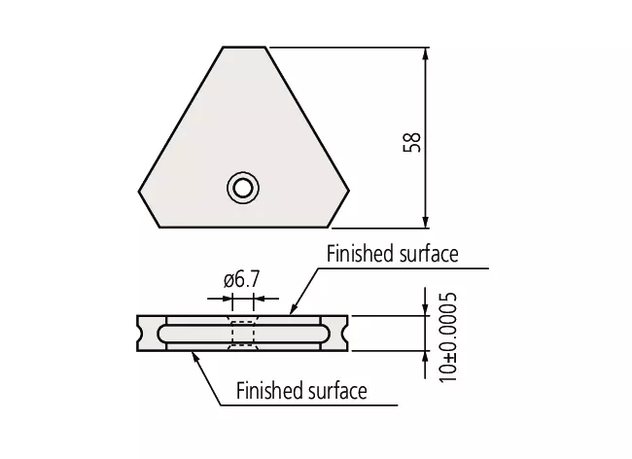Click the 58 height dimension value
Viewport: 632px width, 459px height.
(x=411, y=142)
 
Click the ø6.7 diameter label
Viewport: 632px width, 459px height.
(x=242, y=279)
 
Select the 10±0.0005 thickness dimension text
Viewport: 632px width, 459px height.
(x=448, y=337)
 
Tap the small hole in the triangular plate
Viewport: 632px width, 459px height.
(x=243, y=188)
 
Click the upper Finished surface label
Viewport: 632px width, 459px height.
(x=392, y=254)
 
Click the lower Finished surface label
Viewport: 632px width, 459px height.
(x=301, y=391)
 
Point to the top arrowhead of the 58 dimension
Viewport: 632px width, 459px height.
(x=425, y=54)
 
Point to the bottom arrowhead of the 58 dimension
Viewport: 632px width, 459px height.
(x=425, y=222)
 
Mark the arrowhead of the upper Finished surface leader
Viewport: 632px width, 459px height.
(x=293, y=308)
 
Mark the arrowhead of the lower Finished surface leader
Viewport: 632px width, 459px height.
(x=195, y=357)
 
